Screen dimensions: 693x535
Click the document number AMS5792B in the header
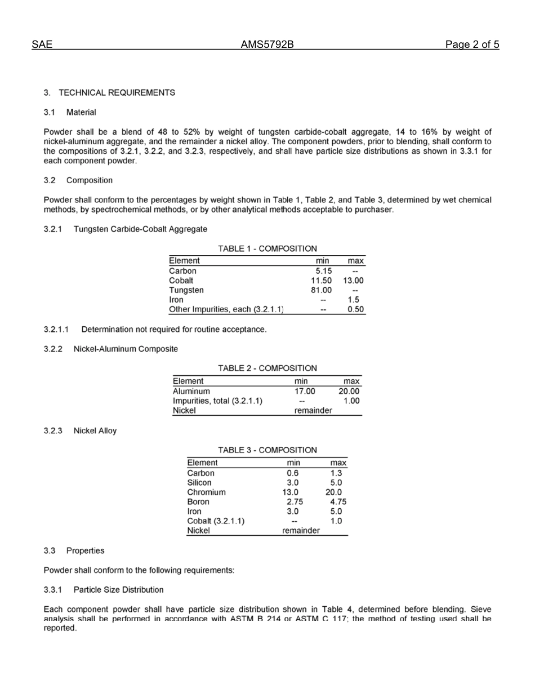pyautogui.click(x=267, y=45)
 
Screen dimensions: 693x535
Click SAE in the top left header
pyautogui.click(x=42, y=45)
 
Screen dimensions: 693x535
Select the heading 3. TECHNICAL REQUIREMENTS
pyautogui.click(x=109, y=92)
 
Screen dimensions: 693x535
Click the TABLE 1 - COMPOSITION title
pyautogui.click(x=267, y=248)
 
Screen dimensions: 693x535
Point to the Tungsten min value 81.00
pyautogui.click(x=321, y=290)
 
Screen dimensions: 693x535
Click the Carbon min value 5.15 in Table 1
pyautogui.click(x=323, y=270)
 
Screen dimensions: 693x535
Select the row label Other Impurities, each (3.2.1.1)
pyautogui.click(x=226, y=309)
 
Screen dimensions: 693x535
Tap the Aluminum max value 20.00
pyautogui.click(x=349, y=391)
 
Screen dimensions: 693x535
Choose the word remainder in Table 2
pyautogui.click(x=313, y=411)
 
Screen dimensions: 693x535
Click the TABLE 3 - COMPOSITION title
pyautogui.click(x=267, y=450)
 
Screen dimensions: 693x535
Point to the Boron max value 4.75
pyautogui.click(x=338, y=501)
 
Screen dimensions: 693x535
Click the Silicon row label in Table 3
pyautogui.click(x=199, y=482)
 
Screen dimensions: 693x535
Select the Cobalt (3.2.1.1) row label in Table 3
pyautogui.click(x=215, y=521)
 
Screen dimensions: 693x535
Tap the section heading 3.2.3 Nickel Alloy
pyautogui.click(x=80, y=430)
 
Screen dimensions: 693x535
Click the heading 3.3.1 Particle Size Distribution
pyautogui.click(x=104, y=590)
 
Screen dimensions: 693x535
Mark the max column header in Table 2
pyautogui.click(x=351, y=381)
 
